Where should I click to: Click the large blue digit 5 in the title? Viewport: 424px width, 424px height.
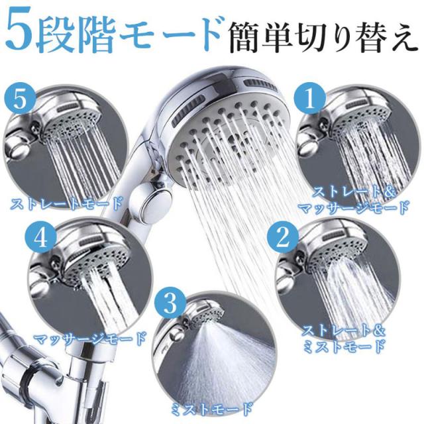(x=19, y=30)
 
